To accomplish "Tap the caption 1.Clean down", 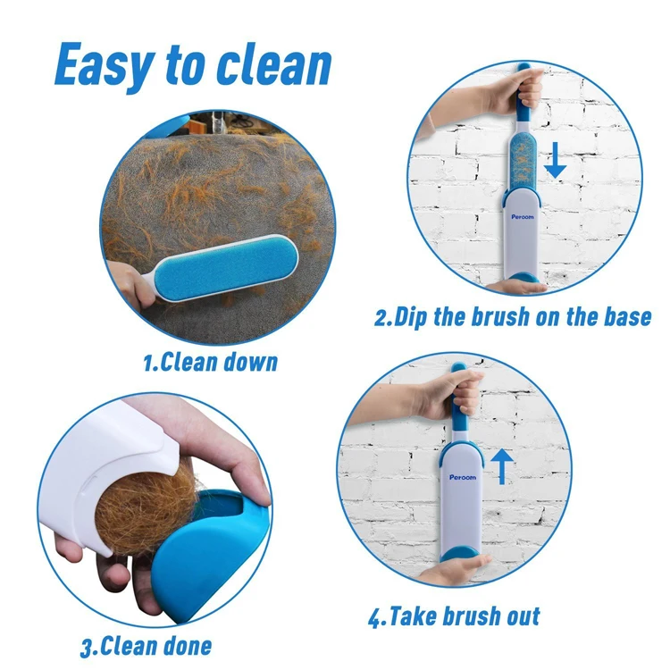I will [210, 362].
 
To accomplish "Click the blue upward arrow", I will [503, 465].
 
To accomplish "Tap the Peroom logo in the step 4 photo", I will [463, 477].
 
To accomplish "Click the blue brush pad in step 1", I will [228, 259].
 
